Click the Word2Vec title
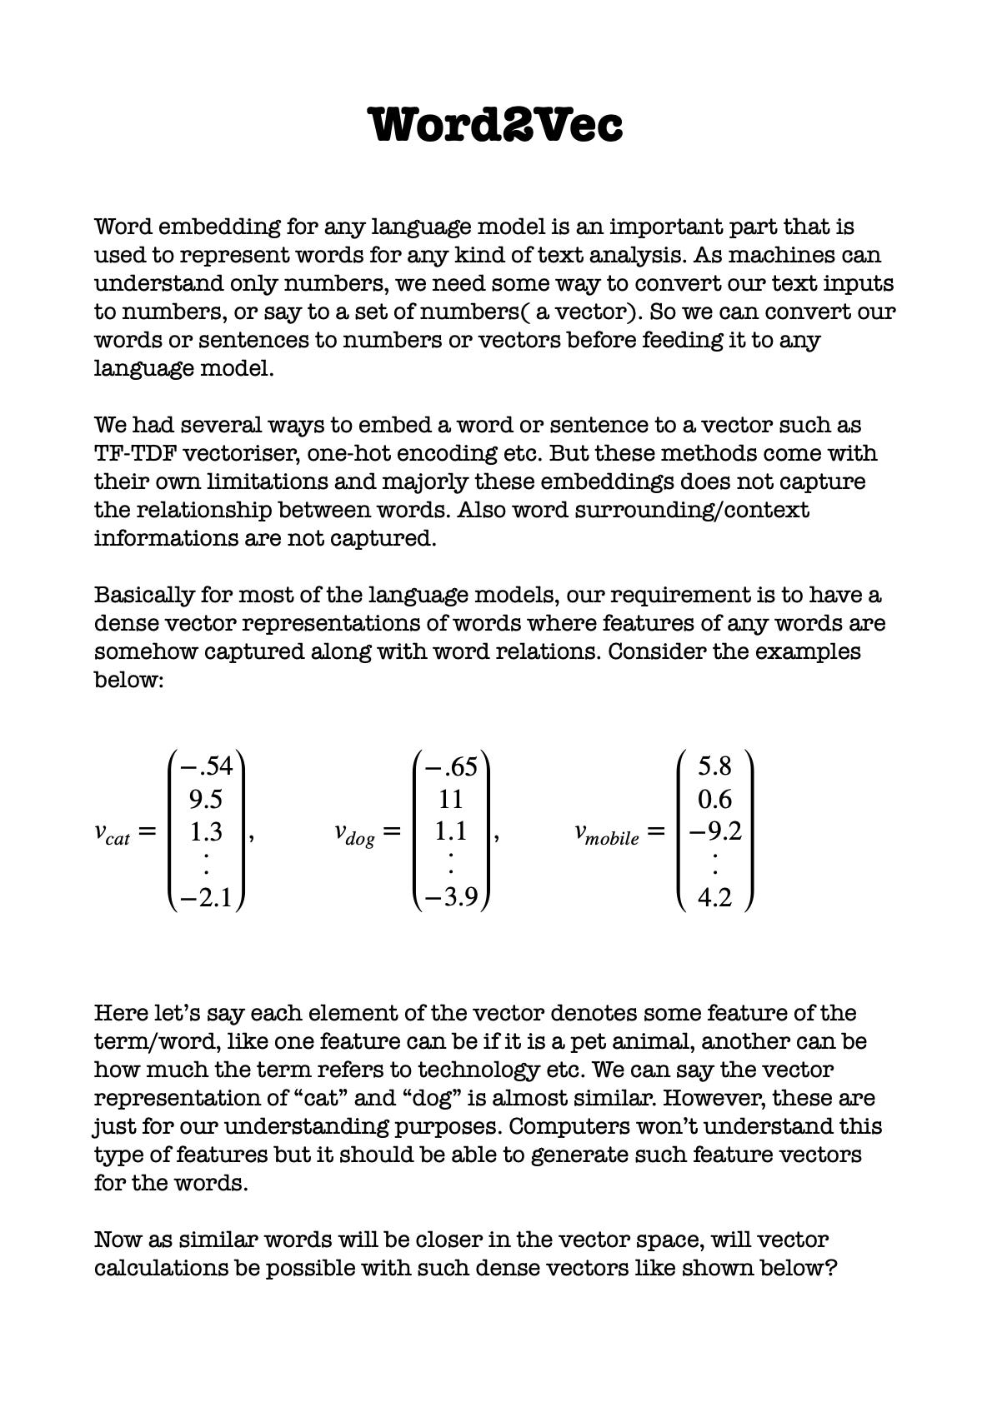(496, 125)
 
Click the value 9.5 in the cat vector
(205, 800)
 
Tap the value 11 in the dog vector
(450, 800)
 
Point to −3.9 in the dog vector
(450, 898)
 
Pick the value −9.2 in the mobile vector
(714, 831)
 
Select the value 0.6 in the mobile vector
(714, 800)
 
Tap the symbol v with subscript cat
(112, 833)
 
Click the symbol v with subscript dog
(354, 833)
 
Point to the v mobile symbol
(606, 833)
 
